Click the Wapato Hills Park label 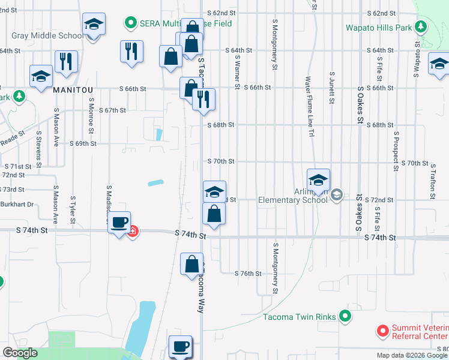(x=378, y=28)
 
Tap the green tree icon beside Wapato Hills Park (x=421, y=27)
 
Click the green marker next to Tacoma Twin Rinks (x=345, y=316)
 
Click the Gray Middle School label (x=48, y=35)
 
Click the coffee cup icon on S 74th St (x=120, y=223)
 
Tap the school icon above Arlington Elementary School (x=318, y=179)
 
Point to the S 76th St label (x=250, y=274)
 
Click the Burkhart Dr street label (x=17, y=204)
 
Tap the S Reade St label (x=13, y=134)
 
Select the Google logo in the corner (x=20, y=353)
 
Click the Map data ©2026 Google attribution (x=412, y=355)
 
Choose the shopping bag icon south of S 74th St (x=191, y=263)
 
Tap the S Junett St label (x=331, y=88)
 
